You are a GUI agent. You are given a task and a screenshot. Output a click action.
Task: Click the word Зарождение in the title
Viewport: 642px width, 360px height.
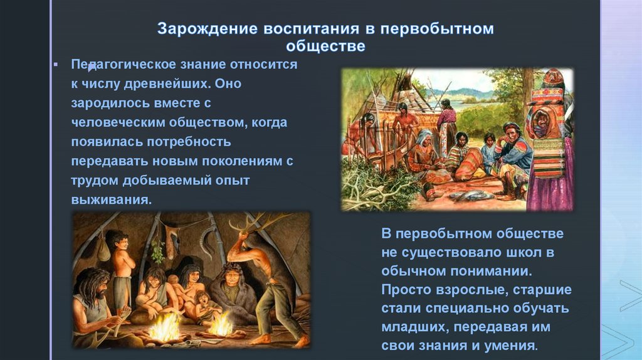208,29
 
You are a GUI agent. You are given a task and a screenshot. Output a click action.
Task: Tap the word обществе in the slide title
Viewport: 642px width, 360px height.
325,46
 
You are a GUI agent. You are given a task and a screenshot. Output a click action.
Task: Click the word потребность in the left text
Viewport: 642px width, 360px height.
189,142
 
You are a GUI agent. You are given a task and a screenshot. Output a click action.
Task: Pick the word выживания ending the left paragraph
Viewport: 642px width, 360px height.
112,200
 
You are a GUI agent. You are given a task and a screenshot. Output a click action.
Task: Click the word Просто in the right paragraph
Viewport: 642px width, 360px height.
406,290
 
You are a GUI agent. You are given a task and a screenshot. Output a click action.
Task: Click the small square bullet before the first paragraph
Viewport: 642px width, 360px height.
56,65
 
